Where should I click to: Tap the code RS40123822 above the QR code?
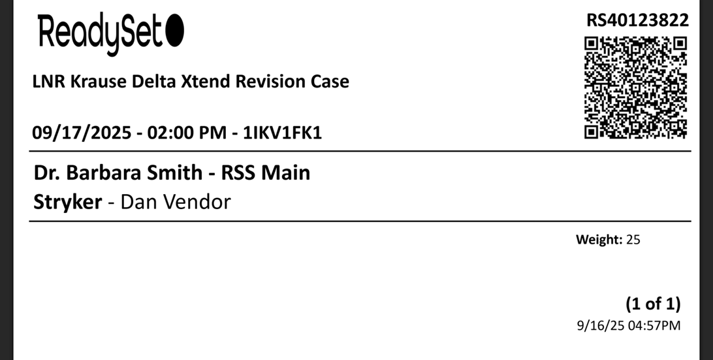click(x=637, y=20)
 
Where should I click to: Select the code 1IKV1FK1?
click(x=282, y=133)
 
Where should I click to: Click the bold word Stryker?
click(x=67, y=202)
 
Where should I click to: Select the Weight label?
click(x=598, y=240)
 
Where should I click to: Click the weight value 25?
click(x=633, y=240)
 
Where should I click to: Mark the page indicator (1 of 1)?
click(x=653, y=304)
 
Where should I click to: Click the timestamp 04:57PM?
click(x=654, y=325)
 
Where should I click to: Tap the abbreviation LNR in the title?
click(x=46, y=82)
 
